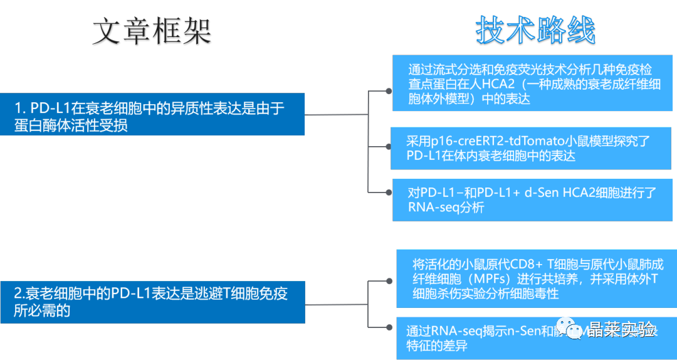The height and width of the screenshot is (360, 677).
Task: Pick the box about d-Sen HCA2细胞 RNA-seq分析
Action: coord(532,199)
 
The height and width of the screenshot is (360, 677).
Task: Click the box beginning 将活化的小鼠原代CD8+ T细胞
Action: coord(537,278)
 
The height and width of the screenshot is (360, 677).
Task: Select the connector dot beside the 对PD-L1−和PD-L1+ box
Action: coord(389,193)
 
